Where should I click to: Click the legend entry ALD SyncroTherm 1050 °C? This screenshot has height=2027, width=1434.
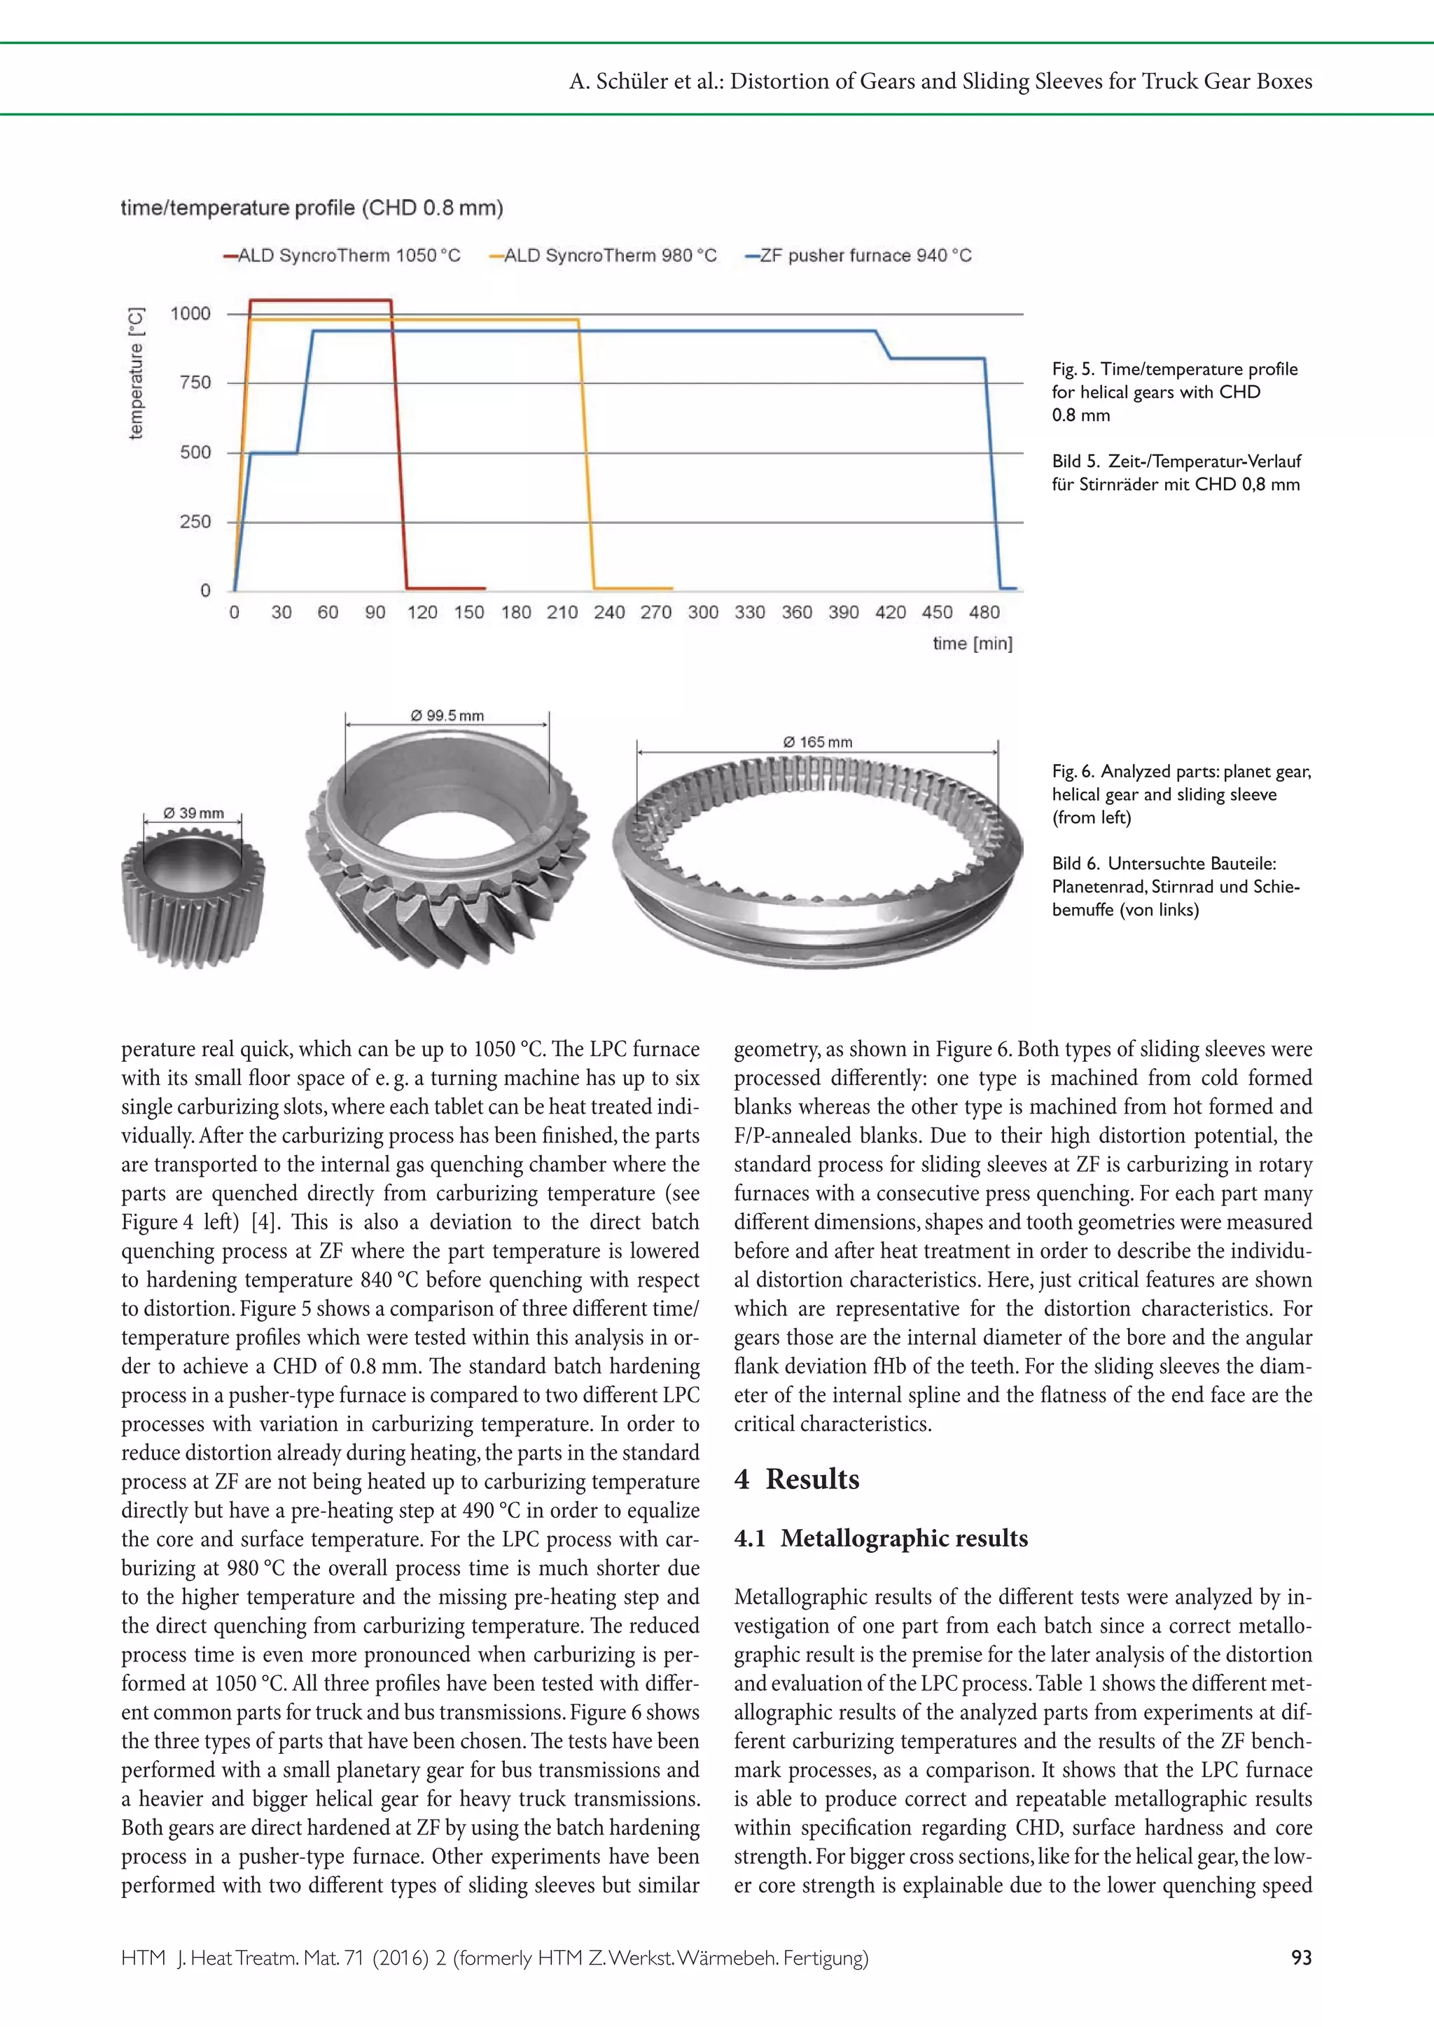342,255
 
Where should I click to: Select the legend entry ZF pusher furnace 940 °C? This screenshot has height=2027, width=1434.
858,255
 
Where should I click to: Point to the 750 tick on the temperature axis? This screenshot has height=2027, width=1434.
195,382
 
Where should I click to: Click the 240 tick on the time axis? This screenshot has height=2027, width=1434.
608,612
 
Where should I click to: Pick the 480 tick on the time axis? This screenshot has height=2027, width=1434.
984,612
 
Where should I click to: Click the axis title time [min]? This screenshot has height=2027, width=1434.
972,643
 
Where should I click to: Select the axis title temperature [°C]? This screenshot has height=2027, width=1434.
135,373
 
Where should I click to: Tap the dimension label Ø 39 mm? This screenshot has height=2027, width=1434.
193,812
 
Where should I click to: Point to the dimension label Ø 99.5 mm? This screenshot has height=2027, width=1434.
447,715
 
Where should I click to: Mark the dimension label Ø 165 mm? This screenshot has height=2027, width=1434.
818,742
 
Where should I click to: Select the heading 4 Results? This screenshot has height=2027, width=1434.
795,1479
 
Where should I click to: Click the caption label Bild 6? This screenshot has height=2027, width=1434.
1075,864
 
